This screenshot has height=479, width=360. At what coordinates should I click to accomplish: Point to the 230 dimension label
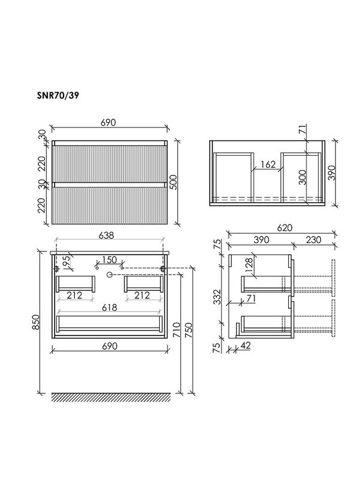[313, 239]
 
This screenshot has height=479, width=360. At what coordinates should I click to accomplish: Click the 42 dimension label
[247, 346]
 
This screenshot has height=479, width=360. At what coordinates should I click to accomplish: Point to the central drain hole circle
[110, 274]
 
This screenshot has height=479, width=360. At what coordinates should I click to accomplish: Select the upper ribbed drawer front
[108, 162]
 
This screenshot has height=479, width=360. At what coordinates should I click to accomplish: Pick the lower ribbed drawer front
[108, 205]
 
